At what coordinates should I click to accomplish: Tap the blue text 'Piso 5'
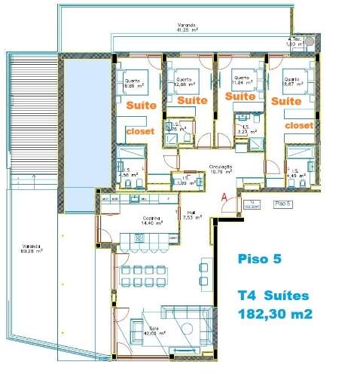pos(257,259)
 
